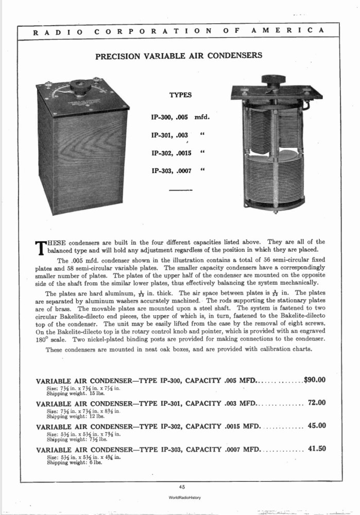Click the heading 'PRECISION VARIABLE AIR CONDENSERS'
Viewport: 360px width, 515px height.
(179, 56)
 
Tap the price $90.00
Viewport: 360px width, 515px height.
(315, 380)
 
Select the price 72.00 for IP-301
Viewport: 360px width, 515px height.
(317, 403)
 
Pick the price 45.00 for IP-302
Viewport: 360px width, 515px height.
(317, 426)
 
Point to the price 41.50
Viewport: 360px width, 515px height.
(317, 449)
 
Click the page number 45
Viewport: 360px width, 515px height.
(182, 486)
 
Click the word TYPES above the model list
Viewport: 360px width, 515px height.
(180, 95)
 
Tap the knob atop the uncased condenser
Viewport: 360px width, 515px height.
(272, 80)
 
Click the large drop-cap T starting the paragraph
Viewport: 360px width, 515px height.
(40, 248)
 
